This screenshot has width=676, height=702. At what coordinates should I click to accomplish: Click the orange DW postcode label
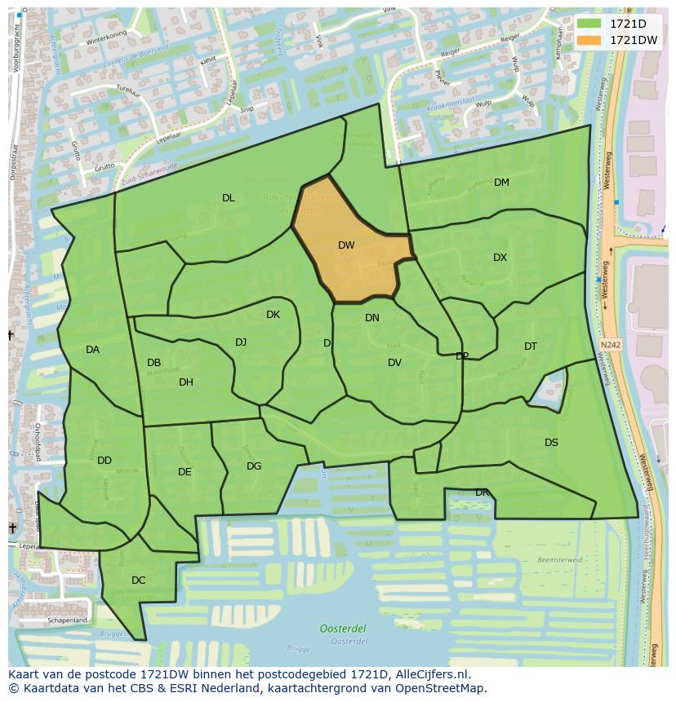(346, 245)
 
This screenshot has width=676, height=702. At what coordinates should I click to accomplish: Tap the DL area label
(229, 198)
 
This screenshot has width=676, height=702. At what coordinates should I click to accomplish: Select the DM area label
(501, 183)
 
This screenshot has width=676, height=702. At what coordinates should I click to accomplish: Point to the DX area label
(500, 258)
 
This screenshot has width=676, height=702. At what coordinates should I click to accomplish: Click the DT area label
(531, 347)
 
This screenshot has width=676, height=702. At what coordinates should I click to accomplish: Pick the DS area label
(551, 443)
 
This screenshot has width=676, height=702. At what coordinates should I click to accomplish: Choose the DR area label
(482, 492)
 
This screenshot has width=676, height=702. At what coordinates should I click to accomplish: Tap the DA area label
(92, 350)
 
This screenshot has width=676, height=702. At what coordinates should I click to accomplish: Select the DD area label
(105, 461)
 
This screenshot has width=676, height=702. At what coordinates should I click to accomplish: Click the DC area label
(139, 581)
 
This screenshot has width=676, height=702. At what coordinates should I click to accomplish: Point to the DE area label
(185, 472)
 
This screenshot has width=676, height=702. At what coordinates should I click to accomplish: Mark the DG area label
(254, 466)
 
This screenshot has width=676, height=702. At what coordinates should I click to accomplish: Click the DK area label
(273, 315)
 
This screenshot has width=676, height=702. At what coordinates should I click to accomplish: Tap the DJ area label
(241, 342)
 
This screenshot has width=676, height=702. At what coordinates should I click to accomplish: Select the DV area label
(394, 363)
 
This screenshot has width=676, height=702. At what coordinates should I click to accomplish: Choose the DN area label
(372, 318)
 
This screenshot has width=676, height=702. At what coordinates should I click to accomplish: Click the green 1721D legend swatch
(588, 23)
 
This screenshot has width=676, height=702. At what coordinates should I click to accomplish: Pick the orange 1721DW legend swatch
(588, 40)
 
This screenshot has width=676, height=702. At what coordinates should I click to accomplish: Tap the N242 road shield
(609, 345)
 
